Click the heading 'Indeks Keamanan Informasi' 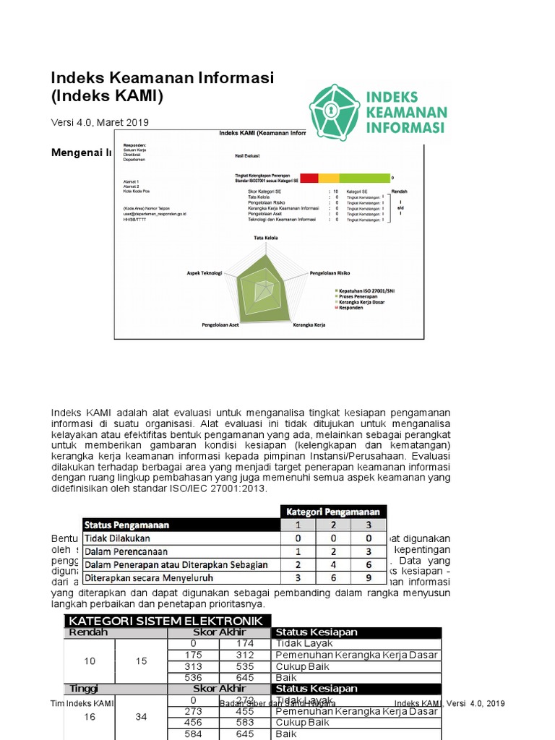click(162, 77)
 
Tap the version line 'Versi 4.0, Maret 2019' click(100, 122)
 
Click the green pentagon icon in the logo click(335, 112)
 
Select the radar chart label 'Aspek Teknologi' click(205, 274)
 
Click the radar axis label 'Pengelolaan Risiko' click(330, 274)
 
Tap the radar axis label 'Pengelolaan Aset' click(220, 325)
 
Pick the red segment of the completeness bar click(309, 177)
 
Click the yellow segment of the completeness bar click(329, 177)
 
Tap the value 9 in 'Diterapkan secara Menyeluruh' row click(368, 578)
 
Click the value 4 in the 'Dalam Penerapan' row click(332, 564)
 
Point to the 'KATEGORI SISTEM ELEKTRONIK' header click(168, 621)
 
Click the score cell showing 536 click(193, 678)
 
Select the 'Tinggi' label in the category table click(84, 689)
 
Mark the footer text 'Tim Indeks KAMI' click(82, 703)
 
